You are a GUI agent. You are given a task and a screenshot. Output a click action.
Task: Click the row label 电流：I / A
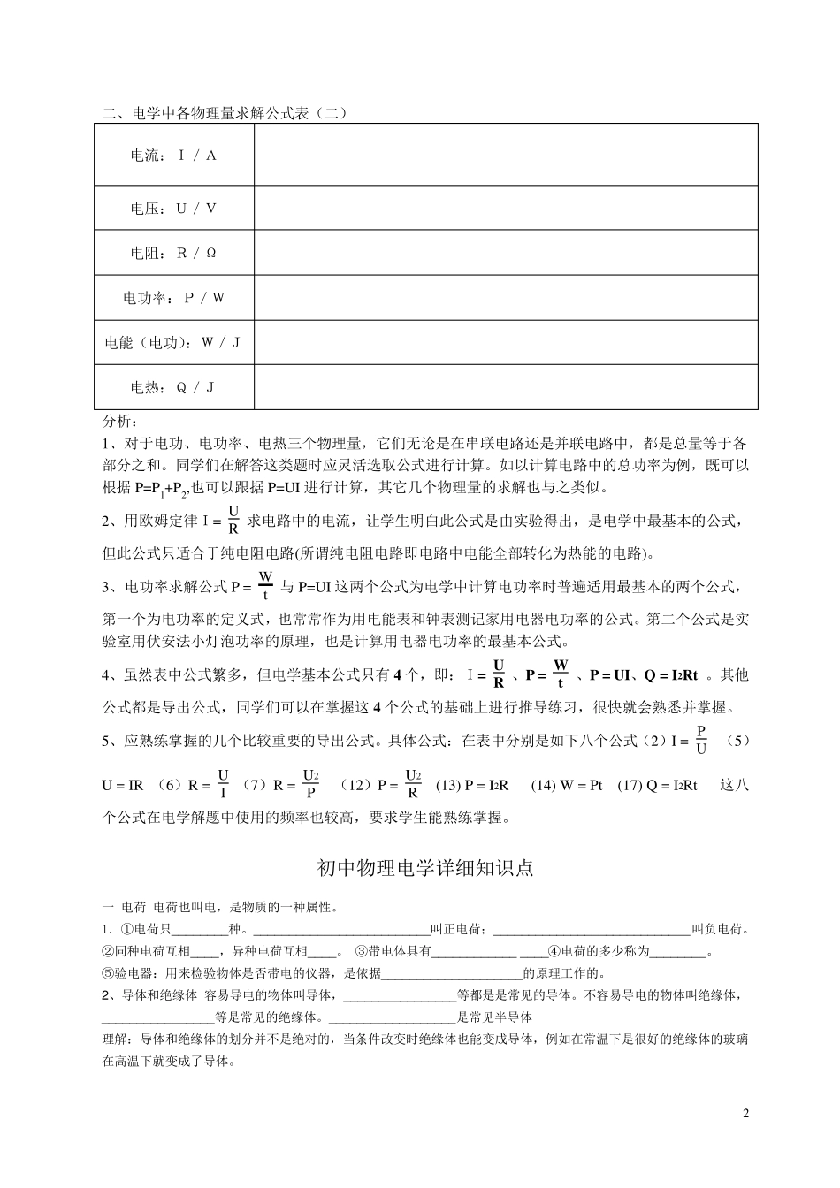(173, 156)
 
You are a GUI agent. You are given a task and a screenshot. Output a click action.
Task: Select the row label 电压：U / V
(173, 209)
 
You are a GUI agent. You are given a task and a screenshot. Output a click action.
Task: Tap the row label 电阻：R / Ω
(173, 253)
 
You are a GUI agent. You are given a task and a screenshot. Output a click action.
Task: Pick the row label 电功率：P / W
(173, 298)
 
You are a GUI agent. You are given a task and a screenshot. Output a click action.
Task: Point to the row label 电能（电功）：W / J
(173, 342)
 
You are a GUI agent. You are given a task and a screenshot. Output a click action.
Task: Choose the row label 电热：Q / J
(173, 387)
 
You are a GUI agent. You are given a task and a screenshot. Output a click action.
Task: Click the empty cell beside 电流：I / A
(506, 155)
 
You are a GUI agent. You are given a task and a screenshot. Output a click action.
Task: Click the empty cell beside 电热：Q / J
(506, 387)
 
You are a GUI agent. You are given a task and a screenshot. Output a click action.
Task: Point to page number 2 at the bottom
(745, 1113)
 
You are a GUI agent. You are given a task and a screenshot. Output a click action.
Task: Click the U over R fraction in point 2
(233, 521)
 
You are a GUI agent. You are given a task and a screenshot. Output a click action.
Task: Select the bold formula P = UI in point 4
(609, 675)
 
